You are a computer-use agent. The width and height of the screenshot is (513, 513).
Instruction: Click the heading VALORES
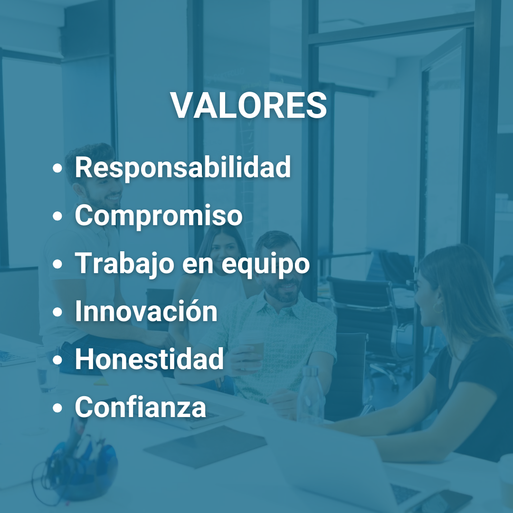point(249,105)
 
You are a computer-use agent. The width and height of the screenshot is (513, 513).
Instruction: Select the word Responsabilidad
point(183,167)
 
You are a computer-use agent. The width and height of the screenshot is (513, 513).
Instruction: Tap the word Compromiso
point(159,216)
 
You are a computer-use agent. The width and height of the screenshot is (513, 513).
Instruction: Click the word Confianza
point(141,408)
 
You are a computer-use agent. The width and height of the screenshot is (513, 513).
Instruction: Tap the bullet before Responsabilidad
point(58,169)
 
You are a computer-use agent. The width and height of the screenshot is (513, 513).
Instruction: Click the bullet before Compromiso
point(58,217)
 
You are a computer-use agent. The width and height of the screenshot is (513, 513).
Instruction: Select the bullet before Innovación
point(58,313)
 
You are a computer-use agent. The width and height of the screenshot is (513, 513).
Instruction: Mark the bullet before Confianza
point(58,408)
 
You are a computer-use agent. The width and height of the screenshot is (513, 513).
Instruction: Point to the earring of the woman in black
point(437,308)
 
